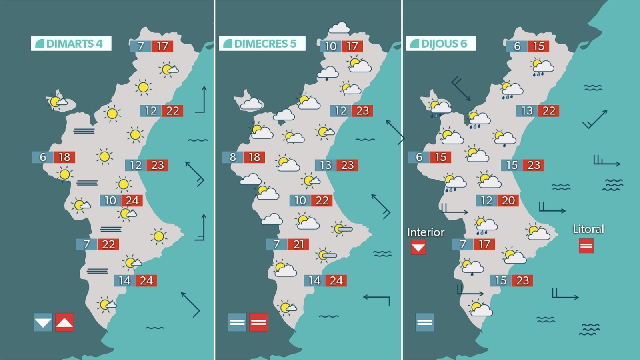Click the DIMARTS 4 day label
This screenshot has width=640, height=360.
click(x=71, y=44)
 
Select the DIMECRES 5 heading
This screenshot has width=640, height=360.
click(x=262, y=44)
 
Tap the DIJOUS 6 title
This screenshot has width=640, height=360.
click(x=441, y=44)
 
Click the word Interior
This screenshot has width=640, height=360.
click(x=426, y=232)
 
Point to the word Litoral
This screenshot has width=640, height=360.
click(x=588, y=229)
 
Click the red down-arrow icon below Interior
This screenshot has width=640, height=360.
click(x=418, y=248)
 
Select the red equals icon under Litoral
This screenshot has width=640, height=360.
click(x=586, y=246)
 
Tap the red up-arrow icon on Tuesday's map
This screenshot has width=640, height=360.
click(x=64, y=322)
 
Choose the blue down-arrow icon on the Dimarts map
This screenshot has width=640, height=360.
click(x=43, y=322)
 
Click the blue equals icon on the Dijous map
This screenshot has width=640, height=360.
click(x=424, y=322)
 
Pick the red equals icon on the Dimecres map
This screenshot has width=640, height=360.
click(x=258, y=322)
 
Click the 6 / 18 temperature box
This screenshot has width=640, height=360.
click(x=54, y=157)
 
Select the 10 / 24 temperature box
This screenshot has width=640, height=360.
click(x=121, y=200)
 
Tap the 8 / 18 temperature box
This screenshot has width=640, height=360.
click(x=244, y=157)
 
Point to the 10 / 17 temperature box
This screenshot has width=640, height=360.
click(x=342, y=46)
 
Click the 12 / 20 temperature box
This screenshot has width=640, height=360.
click(x=497, y=200)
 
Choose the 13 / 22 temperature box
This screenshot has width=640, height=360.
click(x=538, y=111)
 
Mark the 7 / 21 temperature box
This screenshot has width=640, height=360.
click(x=288, y=244)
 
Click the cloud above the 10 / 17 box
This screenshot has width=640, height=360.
click(x=339, y=28)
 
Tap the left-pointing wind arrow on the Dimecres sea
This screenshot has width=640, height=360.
click(x=376, y=298)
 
